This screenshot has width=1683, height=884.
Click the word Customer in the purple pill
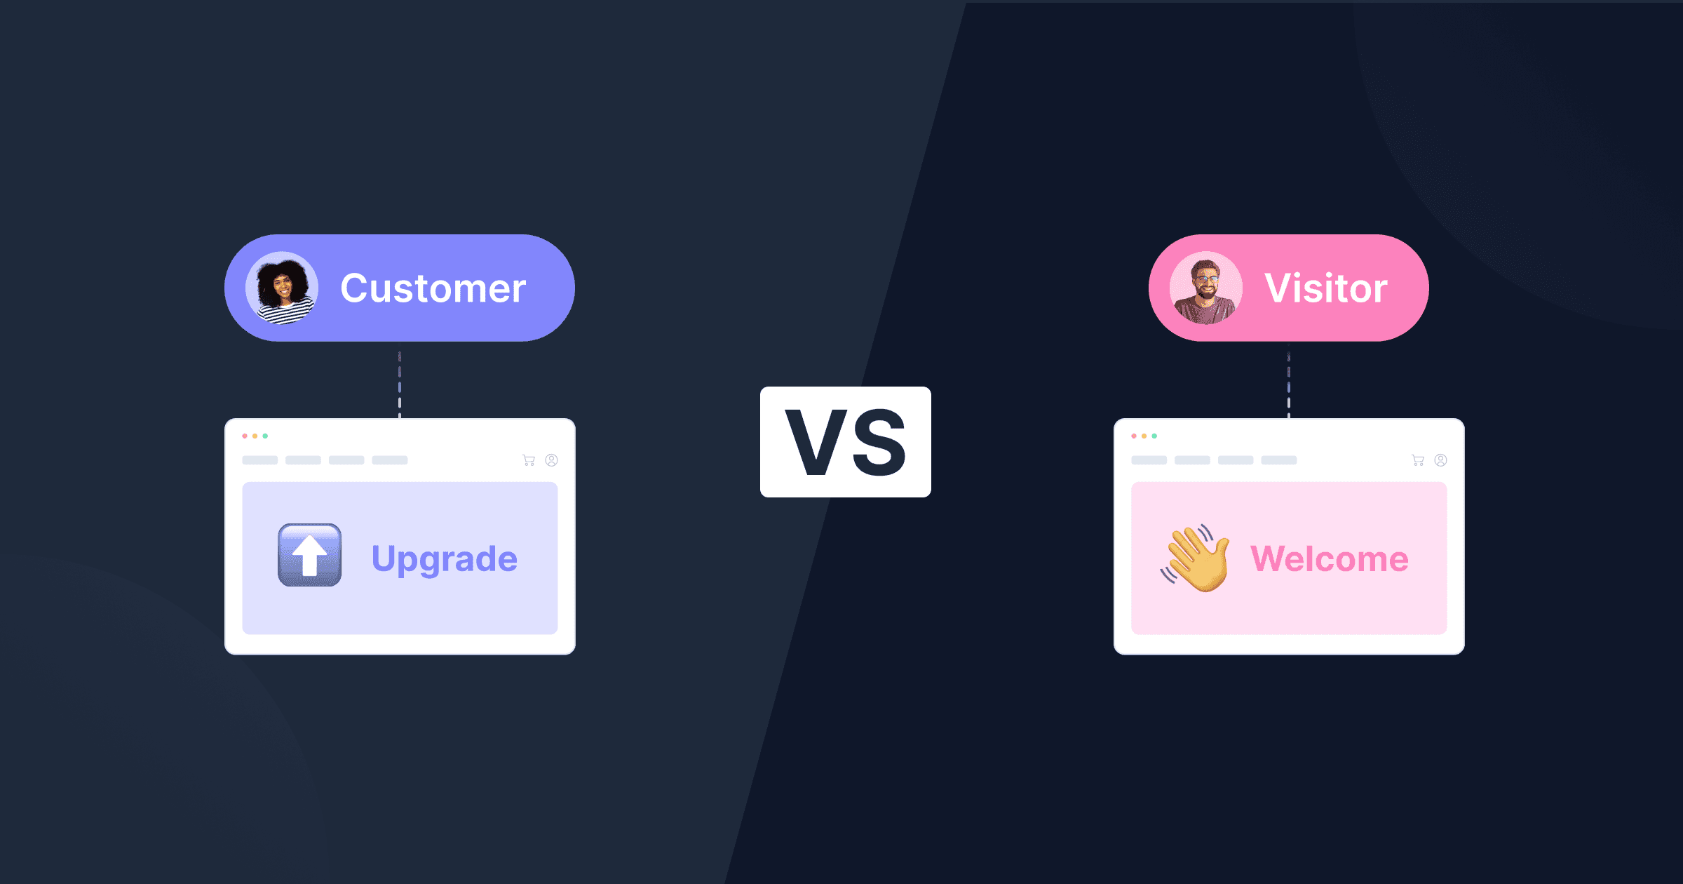433,288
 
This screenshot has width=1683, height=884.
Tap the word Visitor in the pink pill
1325,288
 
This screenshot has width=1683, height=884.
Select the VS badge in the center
845,442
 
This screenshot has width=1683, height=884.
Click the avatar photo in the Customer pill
282,288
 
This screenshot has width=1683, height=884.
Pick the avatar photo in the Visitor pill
1205,288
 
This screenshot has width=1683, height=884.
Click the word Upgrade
444,559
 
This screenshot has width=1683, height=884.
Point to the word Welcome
1329,559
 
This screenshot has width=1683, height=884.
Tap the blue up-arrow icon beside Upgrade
309,555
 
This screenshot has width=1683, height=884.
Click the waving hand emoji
1196,558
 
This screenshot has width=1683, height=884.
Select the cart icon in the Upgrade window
529,460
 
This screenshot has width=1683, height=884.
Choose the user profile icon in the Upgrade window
552,460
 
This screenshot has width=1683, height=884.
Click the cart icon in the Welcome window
1418,460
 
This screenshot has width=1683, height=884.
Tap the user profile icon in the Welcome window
1441,460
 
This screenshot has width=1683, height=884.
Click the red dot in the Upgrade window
245,436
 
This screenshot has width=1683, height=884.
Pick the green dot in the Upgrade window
265,436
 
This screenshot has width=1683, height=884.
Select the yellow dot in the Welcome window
1144,436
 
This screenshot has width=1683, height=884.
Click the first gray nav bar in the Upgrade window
259,460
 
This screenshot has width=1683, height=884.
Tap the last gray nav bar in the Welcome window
1279,460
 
